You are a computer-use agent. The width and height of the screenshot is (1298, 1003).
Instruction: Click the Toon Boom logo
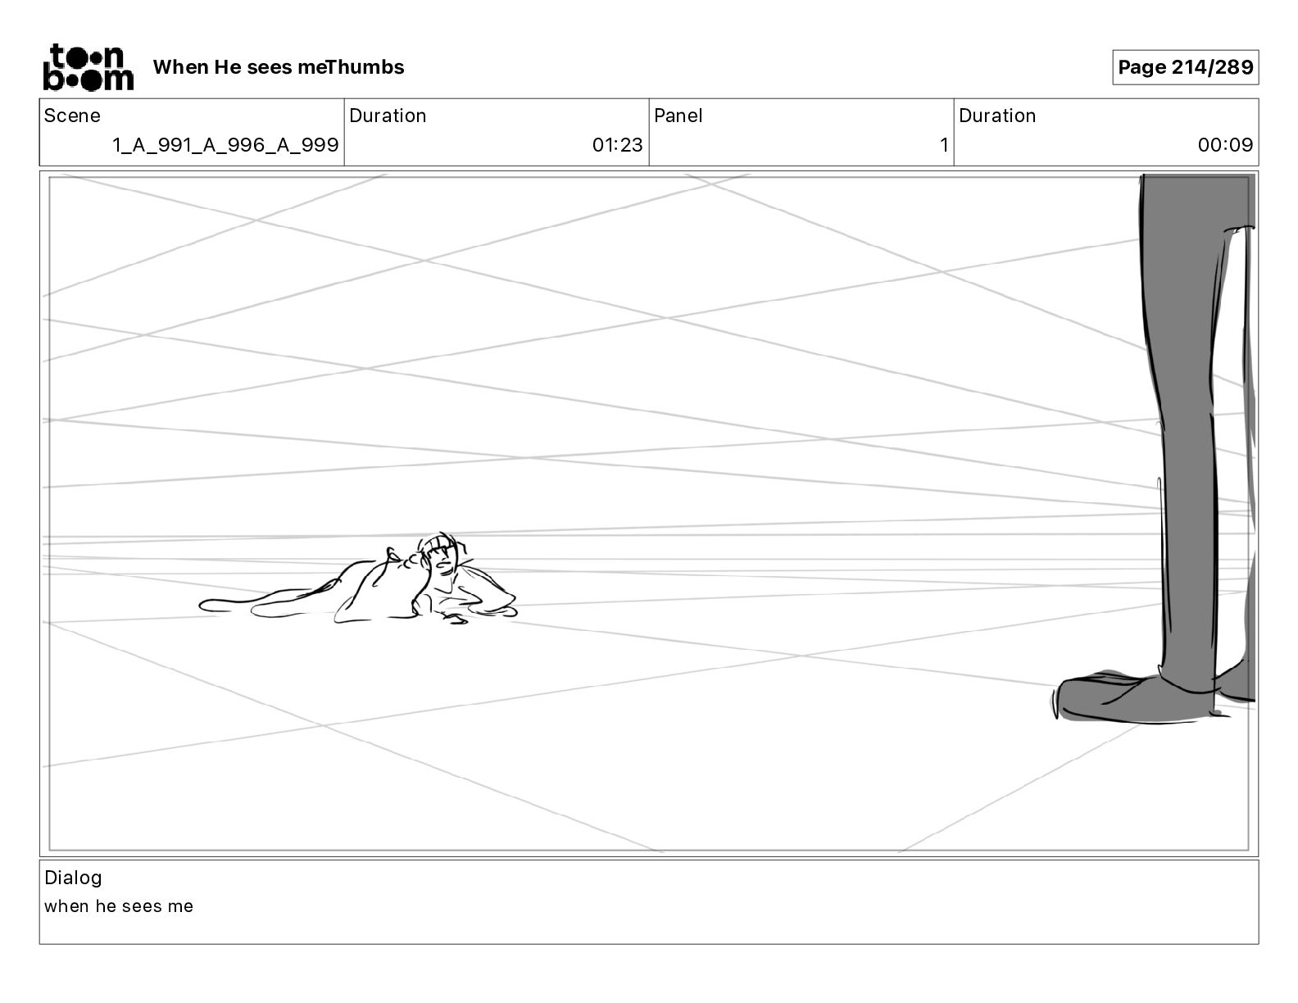click(x=88, y=66)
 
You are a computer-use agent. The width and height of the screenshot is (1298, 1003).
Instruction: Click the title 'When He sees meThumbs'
click(x=279, y=67)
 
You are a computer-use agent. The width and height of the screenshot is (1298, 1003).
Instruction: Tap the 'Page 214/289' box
click(x=1185, y=67)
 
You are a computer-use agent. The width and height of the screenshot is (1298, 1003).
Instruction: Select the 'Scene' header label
click(x=72, y=116)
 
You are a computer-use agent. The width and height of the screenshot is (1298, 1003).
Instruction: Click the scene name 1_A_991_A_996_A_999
click(x=225, y=145)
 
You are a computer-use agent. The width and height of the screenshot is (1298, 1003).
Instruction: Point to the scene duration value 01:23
click(x=618, y=145)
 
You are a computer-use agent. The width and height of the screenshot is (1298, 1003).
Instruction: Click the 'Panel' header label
click(x=678, y=116)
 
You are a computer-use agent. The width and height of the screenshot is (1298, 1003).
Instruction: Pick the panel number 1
click(x=944, y=145)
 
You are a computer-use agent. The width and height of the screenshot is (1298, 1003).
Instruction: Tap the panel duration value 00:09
click(x=1225, y=145)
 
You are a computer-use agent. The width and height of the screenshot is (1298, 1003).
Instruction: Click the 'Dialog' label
click(x=73, y=878)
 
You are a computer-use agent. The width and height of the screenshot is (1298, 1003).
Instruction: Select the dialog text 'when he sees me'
click(x=119, y=906)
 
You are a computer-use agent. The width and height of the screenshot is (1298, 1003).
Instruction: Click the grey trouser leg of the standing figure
click(x=1188, y=410)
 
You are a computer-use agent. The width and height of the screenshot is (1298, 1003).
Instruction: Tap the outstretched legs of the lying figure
click(x=262, y=605)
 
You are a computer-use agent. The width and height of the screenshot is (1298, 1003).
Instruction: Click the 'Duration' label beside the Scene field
click(x=388, y=116)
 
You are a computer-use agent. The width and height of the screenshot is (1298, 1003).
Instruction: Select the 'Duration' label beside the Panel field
click(x=997, y=116)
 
